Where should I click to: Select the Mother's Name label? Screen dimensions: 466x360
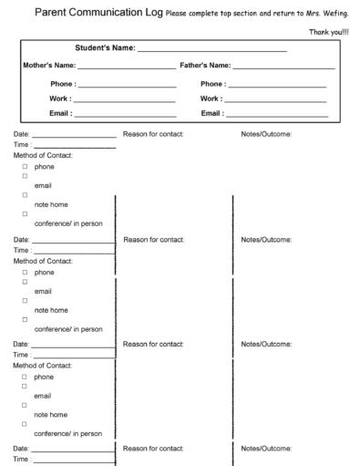[x=48, y=66]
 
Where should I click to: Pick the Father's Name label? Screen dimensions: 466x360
[x=205, y=66]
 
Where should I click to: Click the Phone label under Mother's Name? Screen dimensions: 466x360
[x=63, y=83]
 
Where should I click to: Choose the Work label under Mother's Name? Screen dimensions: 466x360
[x=61, y=98]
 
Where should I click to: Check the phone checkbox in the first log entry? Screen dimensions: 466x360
[x=25, y=168]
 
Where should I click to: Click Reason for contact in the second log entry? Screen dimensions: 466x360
[x=153, y=240]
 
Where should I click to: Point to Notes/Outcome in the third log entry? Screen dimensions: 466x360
[x=266, y=344]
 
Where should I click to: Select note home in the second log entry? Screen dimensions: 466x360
[x=51, y=310]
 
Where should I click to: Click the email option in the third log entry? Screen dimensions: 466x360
[x=43, y=396]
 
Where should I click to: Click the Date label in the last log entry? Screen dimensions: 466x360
[x=21, y=449]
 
